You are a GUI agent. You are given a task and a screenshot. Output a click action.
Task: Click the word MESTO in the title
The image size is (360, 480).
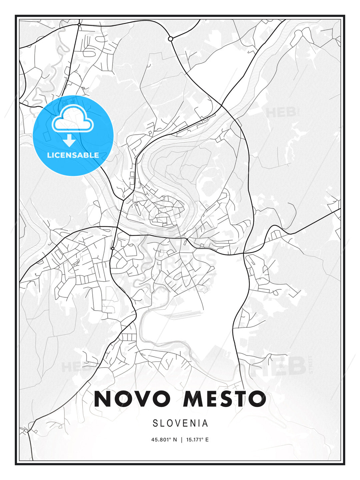click(224, 399)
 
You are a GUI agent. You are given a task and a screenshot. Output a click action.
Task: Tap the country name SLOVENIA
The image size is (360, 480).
click(180, 423)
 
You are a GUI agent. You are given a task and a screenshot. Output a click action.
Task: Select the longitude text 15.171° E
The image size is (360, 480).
click(197, 440)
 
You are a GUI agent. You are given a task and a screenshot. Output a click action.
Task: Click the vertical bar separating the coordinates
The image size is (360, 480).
click(181, 440)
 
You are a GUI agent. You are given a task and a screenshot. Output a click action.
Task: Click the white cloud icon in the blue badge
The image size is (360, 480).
click(72, 118)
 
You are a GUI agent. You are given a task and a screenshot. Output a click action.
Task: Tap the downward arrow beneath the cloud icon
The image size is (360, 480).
click(69, 140)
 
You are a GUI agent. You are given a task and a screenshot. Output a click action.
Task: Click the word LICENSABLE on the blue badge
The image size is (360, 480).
click(73, 155)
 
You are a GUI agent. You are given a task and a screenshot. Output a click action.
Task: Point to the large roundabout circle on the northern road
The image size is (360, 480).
click(170, 39)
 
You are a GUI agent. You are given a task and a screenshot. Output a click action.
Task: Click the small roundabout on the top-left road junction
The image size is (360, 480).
click(79, 25)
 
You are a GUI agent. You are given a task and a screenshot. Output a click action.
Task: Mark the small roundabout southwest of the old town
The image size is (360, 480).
click(113, 248)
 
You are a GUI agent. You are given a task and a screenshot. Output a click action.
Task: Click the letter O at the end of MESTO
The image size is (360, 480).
click(256, 399)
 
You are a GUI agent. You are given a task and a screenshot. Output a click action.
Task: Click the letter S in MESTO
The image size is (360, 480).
click(228, 399)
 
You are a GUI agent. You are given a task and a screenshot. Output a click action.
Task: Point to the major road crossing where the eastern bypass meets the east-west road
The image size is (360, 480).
click(244, 253)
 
